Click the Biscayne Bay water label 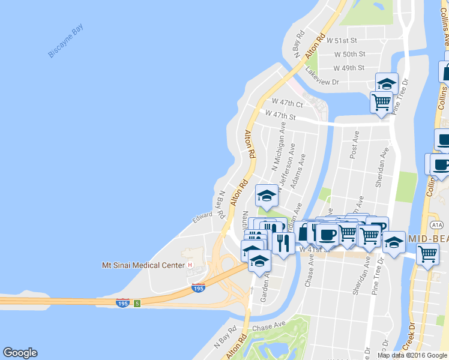pyautogui.click(x=67, y=41)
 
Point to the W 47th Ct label pyautogui.click(x=286, y=103)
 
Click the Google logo pyautogui.click(x=20, y=353)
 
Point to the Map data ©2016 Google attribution pyautogui.click(x=411, y=355)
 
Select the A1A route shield pyautogui.click(x=436, y=225)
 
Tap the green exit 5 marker pyautogui.click(x=137, y=303)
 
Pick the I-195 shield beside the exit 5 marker pyautogui.click(x=122, y=303)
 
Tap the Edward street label pyautogui.click(x=202, y=215)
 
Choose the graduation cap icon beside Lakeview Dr pyautogui.click(x=387, y=83)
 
